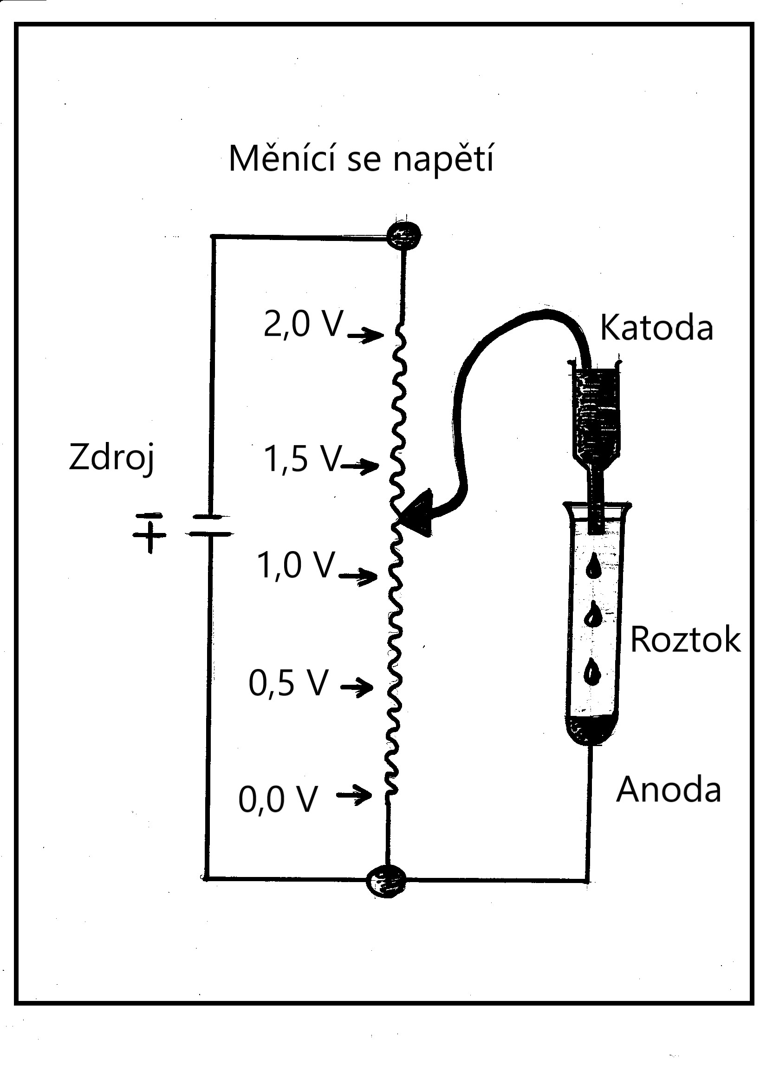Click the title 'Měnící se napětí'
(361, 160)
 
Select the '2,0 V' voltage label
(304, 324)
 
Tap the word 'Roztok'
(685, 639)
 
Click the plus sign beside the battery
(150, 536)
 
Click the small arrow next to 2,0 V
(365, 335)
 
